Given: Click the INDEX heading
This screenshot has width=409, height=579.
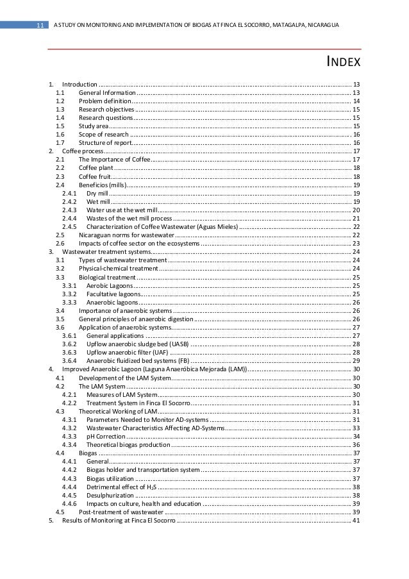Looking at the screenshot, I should pos(341,63).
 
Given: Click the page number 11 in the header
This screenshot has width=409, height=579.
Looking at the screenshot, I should pos(39,25).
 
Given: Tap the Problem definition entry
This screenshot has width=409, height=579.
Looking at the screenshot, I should pos(104,101).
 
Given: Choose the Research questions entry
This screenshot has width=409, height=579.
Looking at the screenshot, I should pos(105,118).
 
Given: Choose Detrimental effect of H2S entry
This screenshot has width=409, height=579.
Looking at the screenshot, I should pos(122,487).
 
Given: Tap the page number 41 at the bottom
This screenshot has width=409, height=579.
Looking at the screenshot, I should pos(356,520).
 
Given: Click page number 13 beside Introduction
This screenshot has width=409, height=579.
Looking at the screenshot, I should pos(356,85).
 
